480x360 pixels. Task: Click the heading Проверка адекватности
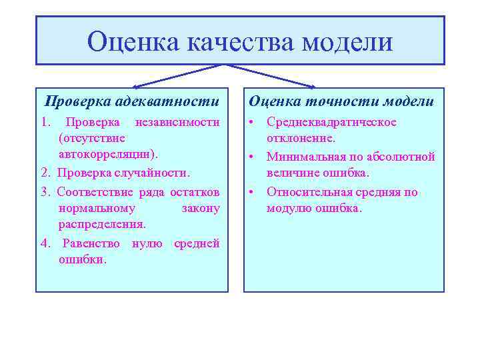coord(131,101)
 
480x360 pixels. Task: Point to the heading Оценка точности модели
coord(341,101)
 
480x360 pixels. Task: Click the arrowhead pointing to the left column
coord(137,87)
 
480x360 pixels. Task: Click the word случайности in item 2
coord(154,173)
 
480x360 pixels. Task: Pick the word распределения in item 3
coord(102,225)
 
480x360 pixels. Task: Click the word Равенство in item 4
coord(93,243)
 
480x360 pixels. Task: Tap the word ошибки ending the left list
coord(82,259)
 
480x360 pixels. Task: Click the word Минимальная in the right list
coord(303,157)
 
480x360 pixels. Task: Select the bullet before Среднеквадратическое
coord(253,123)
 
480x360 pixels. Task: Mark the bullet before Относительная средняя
coord(253,192)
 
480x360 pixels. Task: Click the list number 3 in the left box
coord(44,192)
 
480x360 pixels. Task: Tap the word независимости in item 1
coord(177,122)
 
